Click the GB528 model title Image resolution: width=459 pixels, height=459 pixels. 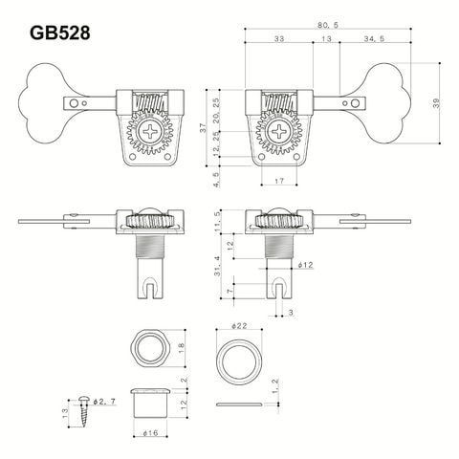[x=60, y=33]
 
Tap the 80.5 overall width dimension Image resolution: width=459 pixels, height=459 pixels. [x=328, y=25]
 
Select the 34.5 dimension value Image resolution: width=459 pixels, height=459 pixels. [x=374, y=38]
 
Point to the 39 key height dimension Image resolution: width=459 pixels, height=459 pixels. [x=436, y=102]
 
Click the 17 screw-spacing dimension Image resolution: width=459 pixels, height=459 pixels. [x=279, y=181]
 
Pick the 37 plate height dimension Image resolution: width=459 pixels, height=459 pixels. [x=203, y=128]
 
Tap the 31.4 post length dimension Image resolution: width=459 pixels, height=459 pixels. [x=217, y=267]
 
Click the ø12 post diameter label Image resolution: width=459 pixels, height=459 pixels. [x=305, y=265]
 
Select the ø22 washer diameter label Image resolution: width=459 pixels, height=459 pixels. [x=239, y=326]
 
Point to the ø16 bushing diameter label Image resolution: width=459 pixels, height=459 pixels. [x=150, y=433]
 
